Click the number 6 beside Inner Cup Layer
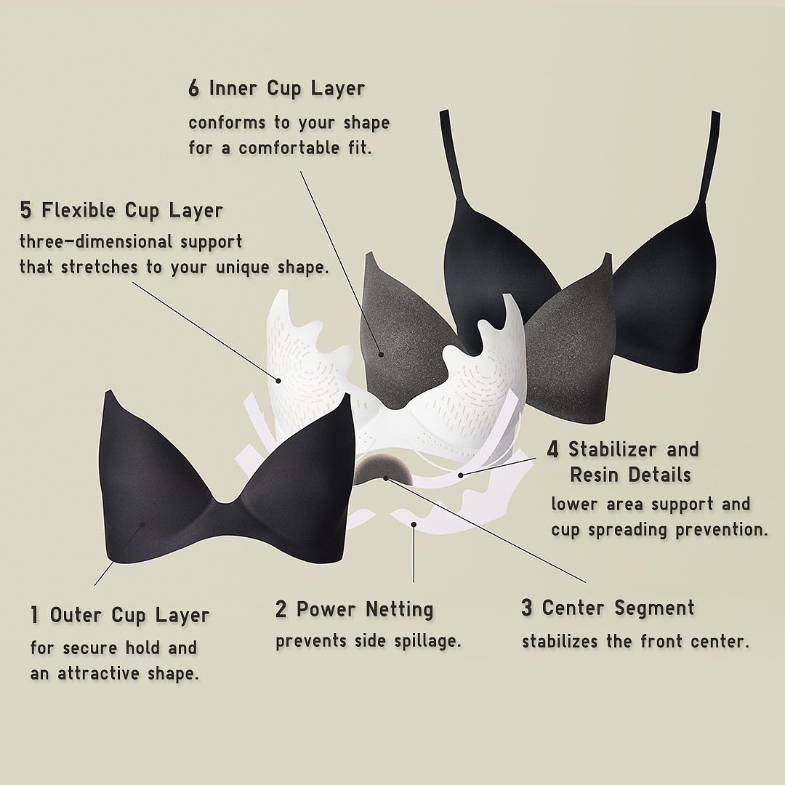[194, 88]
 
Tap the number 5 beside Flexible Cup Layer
[25, 210]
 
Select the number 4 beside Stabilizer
[552, 449]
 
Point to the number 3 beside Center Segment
[526, 607]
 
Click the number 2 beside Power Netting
[281, 609]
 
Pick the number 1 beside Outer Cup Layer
[34, 615]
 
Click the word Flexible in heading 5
[78, 210]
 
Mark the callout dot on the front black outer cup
[142, 524]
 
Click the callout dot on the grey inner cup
[382, 355]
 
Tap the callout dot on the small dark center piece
[385, 478]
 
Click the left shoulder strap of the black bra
[451, 156]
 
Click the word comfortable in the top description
[289, 148]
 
